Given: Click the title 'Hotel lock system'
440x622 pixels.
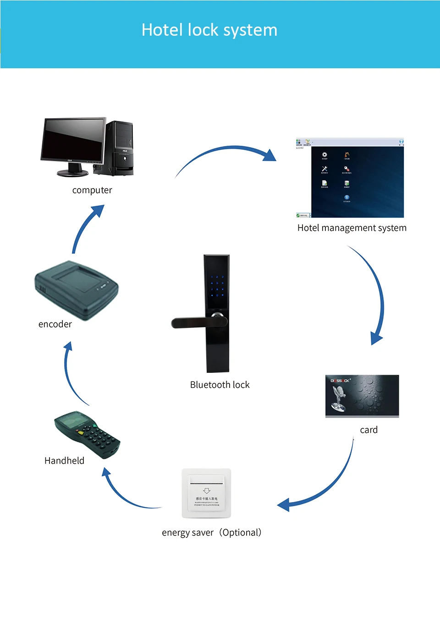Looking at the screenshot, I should pos(209,30).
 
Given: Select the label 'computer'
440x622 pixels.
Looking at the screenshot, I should pos(92,190).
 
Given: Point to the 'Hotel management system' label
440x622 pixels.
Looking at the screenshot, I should pos(352,228).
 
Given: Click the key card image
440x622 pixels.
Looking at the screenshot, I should pos(362,396).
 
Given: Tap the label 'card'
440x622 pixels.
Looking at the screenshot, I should pos(368,430).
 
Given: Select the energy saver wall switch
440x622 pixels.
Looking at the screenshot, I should pos(206,493).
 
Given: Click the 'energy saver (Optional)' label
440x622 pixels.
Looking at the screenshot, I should pos(212,533).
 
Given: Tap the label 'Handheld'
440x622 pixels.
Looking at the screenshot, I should pos(64,461).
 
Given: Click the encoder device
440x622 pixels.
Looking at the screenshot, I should pos(77,289).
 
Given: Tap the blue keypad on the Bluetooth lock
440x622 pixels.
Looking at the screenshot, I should pos(217,286).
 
